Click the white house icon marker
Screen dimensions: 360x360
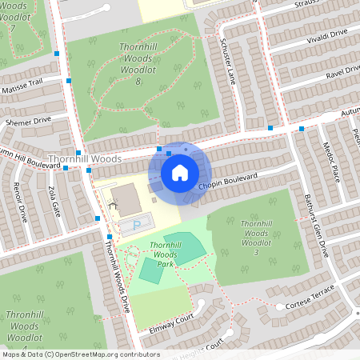(x=180, y=173)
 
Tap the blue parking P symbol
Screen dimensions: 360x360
(x=136, y=224)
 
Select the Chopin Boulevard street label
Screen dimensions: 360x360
(x=227, y=181)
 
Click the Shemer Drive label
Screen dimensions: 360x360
(x=27, y=121)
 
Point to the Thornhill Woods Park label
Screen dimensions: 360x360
(x=166, y=254)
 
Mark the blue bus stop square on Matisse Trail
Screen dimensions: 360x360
(x=70, y=80)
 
